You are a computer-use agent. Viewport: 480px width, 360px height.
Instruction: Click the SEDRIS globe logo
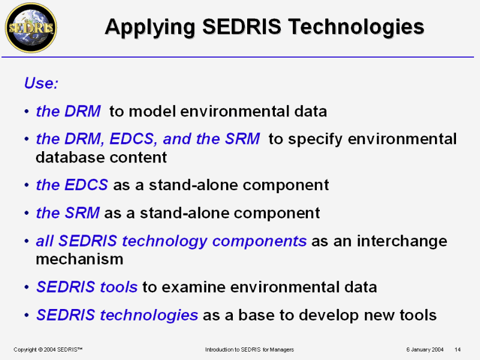coord(31,28)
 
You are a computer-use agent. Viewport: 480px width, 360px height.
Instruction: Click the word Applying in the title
coord(150,28)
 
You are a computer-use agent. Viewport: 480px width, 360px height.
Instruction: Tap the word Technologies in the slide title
coord(356,28)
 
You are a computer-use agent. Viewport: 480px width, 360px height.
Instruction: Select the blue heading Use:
coord(41,83)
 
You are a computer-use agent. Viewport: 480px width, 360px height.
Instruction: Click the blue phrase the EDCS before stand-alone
coord(72,185)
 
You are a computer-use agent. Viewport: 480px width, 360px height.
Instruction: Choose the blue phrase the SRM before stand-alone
coord(68,213)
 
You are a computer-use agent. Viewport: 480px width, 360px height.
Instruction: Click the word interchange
coord(402,242)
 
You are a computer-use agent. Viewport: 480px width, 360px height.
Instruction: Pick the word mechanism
coord(80,259)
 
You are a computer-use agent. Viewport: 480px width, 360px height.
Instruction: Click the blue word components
coord(260,242)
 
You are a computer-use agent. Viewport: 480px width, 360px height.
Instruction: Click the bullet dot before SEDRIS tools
coord(27,287)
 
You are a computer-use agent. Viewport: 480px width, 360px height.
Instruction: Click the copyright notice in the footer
coord(48,349)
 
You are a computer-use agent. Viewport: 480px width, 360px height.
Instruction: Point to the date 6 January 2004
coord(425,349)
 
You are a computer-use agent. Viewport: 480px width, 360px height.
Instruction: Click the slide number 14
coord(457,349)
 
